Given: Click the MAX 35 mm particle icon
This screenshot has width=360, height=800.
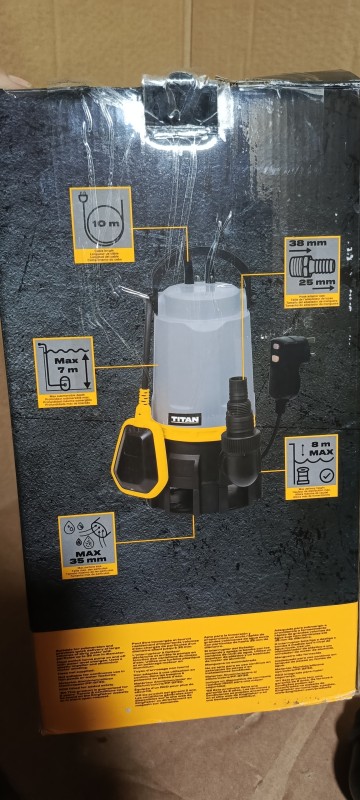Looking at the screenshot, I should [88, 545].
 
